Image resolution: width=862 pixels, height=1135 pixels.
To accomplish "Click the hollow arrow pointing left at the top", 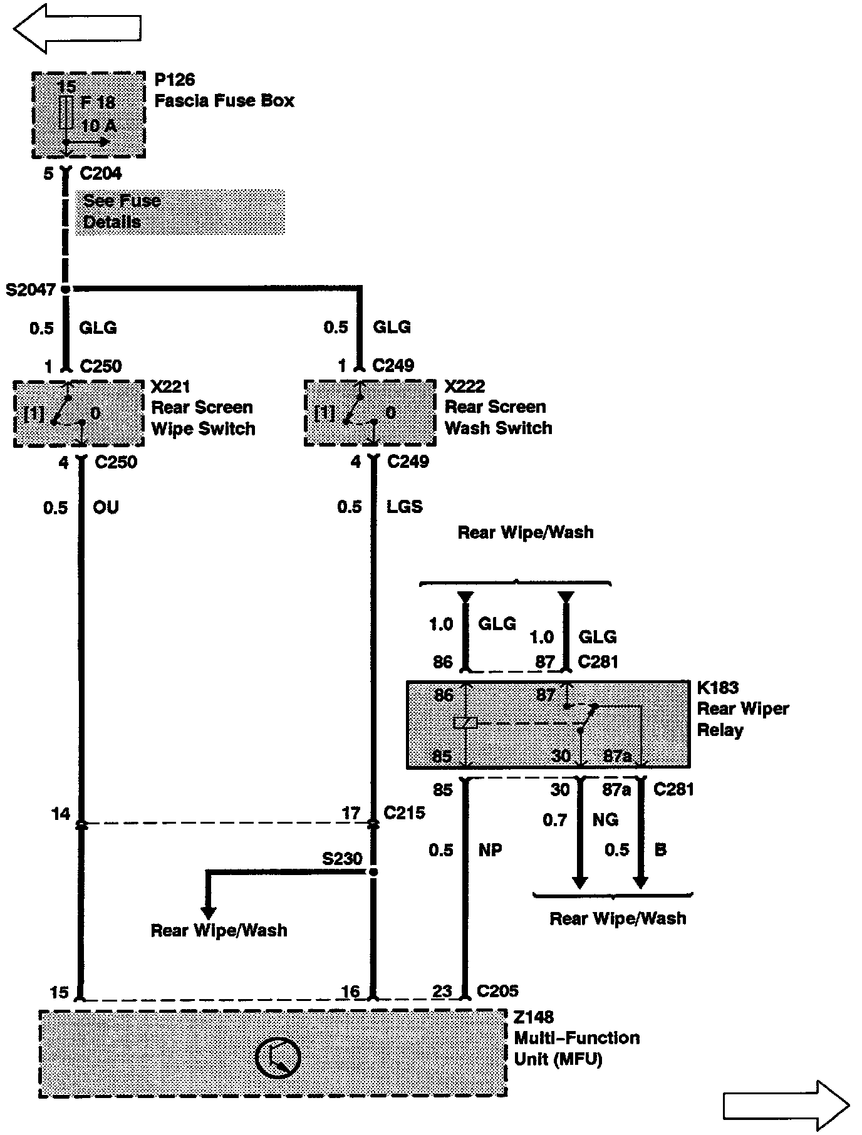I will point(76,28).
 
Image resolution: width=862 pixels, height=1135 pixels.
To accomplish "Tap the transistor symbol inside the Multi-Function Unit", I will point(278,1058).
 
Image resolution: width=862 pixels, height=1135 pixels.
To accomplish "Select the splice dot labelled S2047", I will point(65,289).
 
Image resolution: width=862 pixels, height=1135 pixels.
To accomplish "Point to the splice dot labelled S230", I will point(373,871).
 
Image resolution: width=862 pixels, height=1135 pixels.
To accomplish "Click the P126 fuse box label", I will point(175,80).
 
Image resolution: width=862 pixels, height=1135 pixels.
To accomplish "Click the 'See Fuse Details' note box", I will point(180,212).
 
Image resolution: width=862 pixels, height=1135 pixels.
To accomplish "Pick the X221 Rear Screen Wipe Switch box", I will point(79,413).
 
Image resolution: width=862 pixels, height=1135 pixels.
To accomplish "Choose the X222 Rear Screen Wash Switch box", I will point(370,413).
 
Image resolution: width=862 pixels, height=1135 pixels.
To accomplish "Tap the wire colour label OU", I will point(105,507).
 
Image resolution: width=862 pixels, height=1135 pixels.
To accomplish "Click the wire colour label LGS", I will point(405,506).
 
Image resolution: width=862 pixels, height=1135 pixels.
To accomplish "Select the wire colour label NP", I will point(490,850).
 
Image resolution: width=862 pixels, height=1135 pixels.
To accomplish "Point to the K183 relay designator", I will point(718,687).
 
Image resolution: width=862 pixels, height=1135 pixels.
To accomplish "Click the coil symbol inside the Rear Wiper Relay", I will point(465,723).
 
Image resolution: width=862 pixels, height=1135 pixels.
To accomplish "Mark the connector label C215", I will point(404,812).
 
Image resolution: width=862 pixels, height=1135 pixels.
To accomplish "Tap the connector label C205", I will point(497,990).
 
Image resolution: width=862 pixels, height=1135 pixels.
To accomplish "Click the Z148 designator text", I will point(534,1017).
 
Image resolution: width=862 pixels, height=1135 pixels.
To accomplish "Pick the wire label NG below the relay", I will point(605,819).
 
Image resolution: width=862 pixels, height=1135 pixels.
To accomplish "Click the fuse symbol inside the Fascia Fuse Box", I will point(66,113).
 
